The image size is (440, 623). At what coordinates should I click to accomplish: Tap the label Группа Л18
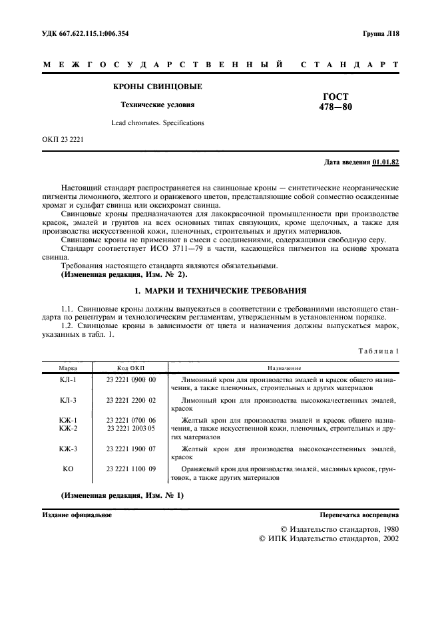pyautogui.click(x=381, y=33)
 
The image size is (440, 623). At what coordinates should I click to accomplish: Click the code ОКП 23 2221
pyautogui.click(x=63, y=140)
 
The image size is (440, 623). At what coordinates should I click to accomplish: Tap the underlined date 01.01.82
pyautogui.click(x=385, y=162)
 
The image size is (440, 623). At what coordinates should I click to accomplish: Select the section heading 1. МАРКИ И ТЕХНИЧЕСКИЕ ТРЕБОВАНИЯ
pyautogui.click(x=220, y=291)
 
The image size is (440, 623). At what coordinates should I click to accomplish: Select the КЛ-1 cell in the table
pyautogui.click(x=68, y=379)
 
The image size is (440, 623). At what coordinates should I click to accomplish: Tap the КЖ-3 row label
pyautogui.click(x=68, y=449)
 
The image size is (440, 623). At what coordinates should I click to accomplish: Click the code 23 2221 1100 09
pyautogui.click(x=131, y=469)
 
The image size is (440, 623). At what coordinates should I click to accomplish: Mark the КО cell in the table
pyautogui.click(x=68, y=469)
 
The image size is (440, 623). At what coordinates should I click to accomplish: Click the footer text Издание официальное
pyautogui.click(x=77, y=515)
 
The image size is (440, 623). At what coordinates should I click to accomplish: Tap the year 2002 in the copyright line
pyautogui.click(x=387, y=538)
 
